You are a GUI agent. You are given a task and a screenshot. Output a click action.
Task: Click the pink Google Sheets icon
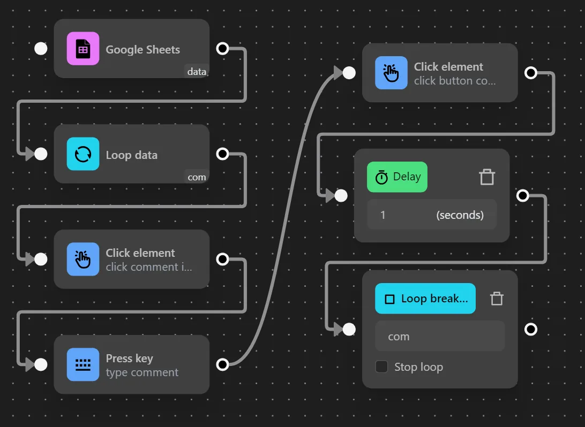coord(83,49)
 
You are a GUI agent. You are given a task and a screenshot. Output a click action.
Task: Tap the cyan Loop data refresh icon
coord(83,154)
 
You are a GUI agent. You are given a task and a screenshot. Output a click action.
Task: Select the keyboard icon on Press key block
coord(83,364)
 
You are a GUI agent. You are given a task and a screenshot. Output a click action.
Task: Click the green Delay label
coord(397,177)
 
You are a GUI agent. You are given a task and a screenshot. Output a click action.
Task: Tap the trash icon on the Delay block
coord(487,177)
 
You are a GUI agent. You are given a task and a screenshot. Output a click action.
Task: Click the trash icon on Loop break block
coord(497,299)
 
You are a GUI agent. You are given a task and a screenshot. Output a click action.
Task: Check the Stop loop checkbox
coord(381,367)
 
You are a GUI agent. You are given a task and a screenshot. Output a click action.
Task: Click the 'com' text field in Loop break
coord(439,336)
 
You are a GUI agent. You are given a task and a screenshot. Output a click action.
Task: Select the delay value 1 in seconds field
coord(383,215)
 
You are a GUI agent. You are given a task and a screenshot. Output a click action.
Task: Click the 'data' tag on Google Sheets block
coord(197,71)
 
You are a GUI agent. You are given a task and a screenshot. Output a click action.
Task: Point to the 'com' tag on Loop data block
coord(197,177)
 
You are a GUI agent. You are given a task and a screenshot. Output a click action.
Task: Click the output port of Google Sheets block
coord(222,49)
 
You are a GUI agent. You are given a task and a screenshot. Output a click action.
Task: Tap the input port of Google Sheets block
coord(41,49)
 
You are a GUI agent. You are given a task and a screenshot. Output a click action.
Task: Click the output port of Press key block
coord(222,364)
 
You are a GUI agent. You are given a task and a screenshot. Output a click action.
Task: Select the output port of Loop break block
coord(531,329)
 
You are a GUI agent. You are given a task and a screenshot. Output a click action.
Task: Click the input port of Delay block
coord(341,196)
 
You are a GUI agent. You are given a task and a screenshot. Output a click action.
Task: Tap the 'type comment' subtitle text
coord(142,372)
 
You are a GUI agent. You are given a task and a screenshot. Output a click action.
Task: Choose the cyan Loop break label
coord(425,299)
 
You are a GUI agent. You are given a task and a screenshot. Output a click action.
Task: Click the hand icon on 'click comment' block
coord(83,259)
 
